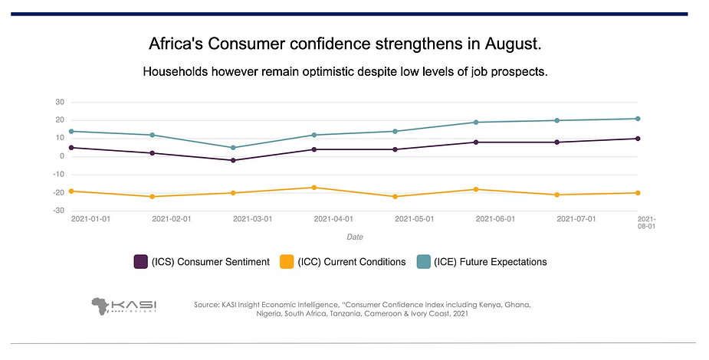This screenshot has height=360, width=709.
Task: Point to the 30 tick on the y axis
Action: tap(59, 102)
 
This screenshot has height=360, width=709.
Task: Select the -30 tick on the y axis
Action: tap(57, 211)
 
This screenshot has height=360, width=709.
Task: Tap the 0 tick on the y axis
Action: tap(61, 156)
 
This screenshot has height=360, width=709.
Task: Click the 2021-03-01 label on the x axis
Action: tap(252, 219)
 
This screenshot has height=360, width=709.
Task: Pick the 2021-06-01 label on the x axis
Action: tap(495, 219)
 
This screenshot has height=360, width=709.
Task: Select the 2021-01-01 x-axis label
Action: tap(90, 219)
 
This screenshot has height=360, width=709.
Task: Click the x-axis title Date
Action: tap(354, 237)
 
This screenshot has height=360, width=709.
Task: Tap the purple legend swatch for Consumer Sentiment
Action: tap(141, 262)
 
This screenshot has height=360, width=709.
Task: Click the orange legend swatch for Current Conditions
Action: tap(285, 262)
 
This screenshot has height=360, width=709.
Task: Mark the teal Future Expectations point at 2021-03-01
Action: tap(233, 148)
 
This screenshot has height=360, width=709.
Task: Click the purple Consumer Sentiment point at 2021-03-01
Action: tap(233, 160)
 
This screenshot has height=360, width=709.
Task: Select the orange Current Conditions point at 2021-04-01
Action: tap(313, 188)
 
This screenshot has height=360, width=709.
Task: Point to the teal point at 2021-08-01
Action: tap(638, 119)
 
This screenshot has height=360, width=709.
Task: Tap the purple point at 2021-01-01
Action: tap(71, 148)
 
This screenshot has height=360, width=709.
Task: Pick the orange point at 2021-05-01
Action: tap(395, 197)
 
